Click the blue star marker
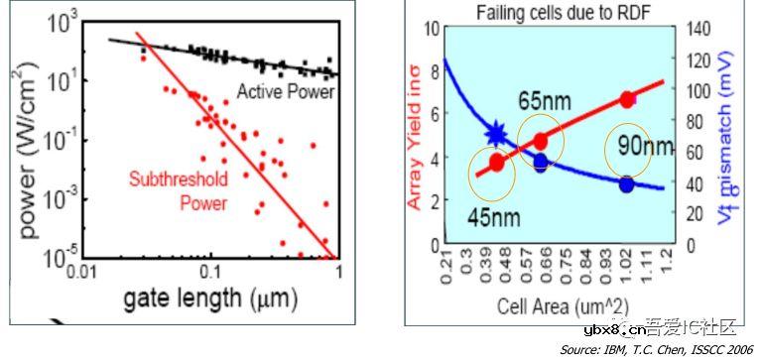(x=499, y=134)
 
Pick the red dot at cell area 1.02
(x=626, y=98)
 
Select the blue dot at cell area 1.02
(x=626, y=184)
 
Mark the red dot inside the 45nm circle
(x=496, y=163)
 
